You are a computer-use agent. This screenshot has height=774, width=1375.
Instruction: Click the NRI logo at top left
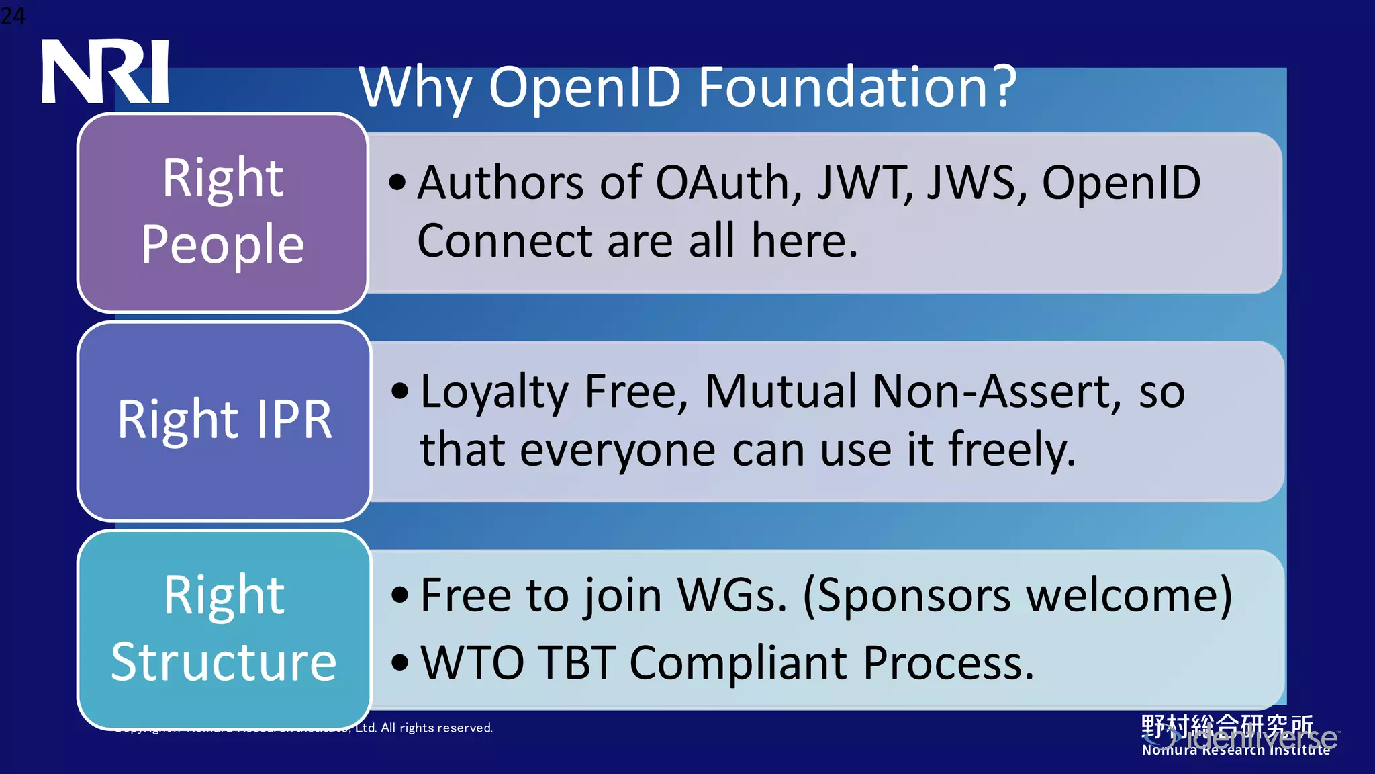105,71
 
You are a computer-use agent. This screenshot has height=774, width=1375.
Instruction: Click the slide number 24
13,15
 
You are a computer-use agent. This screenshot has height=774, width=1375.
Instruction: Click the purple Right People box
222,212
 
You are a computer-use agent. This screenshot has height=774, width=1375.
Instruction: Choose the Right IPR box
224,421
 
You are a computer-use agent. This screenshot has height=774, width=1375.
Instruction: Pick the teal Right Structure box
224,629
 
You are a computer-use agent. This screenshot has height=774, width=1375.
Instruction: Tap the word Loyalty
494,392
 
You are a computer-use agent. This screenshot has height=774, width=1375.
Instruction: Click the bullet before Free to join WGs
400,595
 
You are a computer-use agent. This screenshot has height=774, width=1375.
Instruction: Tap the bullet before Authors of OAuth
397,183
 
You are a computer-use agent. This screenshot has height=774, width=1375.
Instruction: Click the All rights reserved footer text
436,728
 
